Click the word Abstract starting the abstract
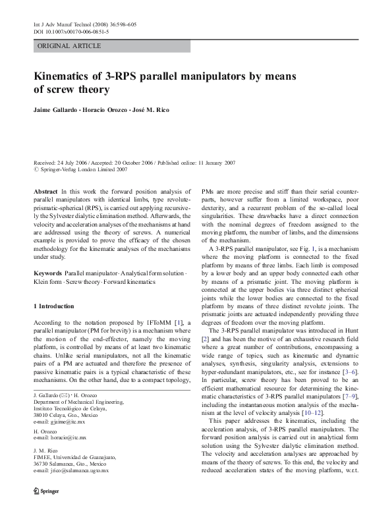click(45, 190)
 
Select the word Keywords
click(47, 272)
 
